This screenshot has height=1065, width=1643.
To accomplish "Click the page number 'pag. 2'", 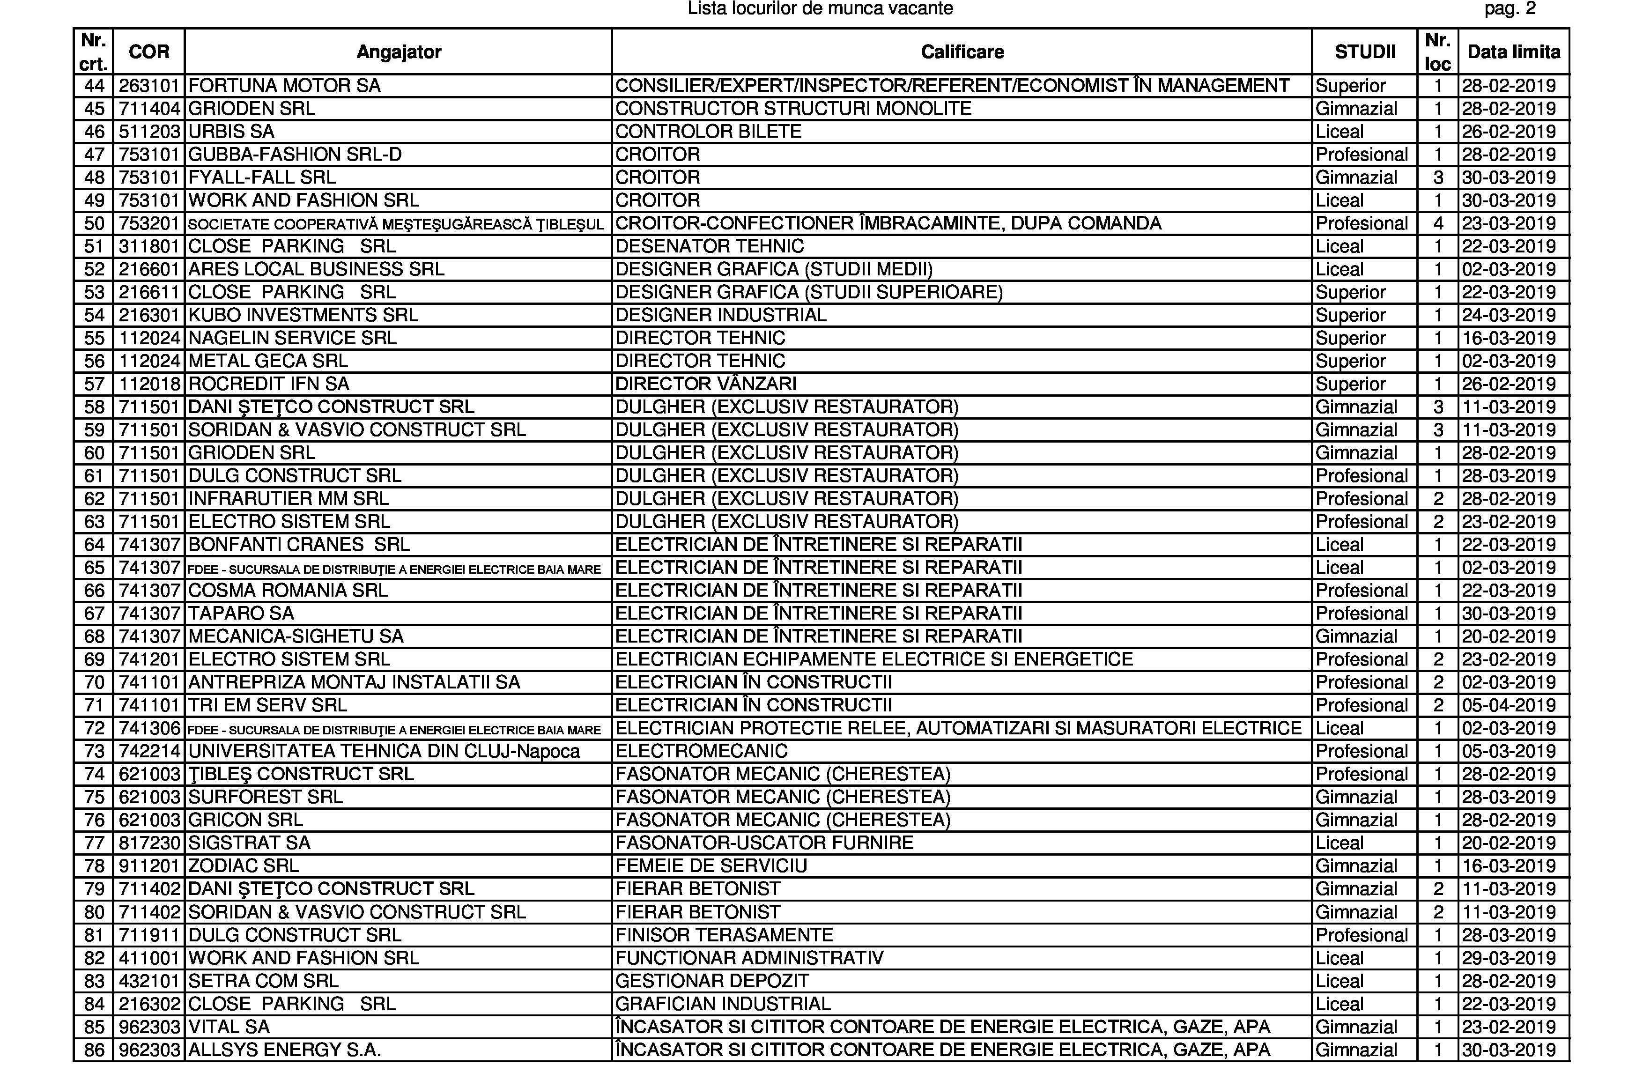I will [1510, 9].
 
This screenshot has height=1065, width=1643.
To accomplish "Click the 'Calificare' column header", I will [962, 52].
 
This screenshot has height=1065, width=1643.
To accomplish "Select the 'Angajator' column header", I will [398, 52].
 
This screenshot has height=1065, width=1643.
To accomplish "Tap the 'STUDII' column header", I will [1365, 52].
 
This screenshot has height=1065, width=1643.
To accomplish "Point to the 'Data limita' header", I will [1513, 52].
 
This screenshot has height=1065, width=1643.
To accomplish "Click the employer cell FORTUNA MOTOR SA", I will [284, 86].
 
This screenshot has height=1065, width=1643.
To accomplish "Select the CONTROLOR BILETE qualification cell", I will [708, 132].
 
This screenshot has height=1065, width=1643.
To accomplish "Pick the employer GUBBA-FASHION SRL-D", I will [295, 155].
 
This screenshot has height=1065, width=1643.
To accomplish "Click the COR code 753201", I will [149, 223].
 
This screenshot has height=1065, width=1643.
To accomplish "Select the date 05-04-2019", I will [1509, 705].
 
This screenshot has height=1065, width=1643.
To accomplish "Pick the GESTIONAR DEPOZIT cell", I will [712, 981].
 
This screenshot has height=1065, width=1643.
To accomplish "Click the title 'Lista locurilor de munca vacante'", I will [820, 9].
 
